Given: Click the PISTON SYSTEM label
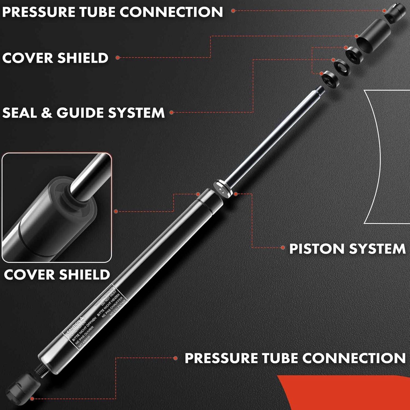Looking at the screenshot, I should [347, 249].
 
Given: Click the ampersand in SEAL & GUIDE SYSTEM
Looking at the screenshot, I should [46, 113].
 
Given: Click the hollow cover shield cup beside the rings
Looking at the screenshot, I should [373, 34].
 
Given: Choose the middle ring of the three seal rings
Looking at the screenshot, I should [342, 67].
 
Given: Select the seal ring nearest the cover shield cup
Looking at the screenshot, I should [353, 55].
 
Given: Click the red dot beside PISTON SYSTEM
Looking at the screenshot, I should [283, 248].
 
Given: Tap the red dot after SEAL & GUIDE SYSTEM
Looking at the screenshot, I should [171, 112].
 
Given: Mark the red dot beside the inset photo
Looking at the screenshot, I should [116, 211].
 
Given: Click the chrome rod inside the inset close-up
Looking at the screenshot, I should [87, 175].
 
